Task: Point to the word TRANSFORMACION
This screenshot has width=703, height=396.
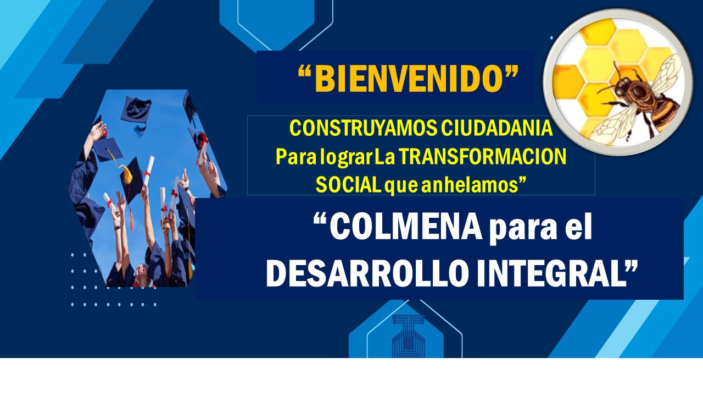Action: point(482,156)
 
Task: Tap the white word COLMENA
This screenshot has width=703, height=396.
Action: point(405,226)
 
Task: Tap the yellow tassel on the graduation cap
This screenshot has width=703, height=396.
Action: point(127,174)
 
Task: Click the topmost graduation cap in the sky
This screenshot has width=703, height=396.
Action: point(136,109)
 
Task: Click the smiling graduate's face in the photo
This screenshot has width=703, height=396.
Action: point(142,272)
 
